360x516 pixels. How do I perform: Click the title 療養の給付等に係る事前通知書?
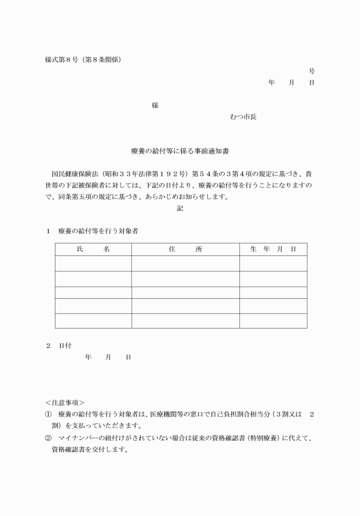coord(180,151)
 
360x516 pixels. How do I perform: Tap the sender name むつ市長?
coord(243,117)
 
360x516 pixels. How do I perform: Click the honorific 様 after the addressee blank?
coord(155,106)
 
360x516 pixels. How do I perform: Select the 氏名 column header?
coord(93,249)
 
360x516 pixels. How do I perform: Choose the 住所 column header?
coord(185,249)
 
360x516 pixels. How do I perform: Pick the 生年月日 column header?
coord(273,249)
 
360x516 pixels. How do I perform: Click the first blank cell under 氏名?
coord(93,263)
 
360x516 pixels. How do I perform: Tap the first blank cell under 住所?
coord(185,263)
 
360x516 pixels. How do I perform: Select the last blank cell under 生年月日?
coord(273,321)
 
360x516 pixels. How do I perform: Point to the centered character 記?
coord(180,209)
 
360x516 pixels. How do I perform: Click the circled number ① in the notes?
coord(49,414)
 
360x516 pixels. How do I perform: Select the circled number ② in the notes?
coord(49,438)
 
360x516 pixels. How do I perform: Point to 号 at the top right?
coord(311,71)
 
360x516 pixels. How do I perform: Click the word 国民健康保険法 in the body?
coord(73,174)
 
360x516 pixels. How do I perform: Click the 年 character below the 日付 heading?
coord(88,357)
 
